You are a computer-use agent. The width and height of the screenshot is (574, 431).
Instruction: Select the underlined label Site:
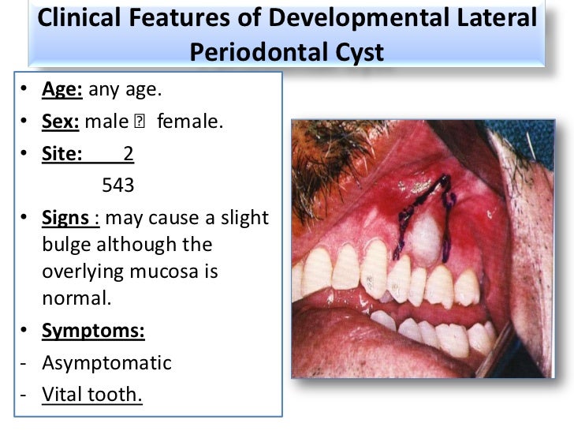[x=62, y=153]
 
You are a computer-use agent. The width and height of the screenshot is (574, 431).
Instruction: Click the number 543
[x=119, y=186]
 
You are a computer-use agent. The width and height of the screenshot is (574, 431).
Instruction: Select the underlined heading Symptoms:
[x=93, y=332]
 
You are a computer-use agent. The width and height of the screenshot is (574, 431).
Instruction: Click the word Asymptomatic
[x=106, y=362]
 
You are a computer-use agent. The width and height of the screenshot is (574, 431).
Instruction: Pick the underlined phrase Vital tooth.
[x=92, y=394]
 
